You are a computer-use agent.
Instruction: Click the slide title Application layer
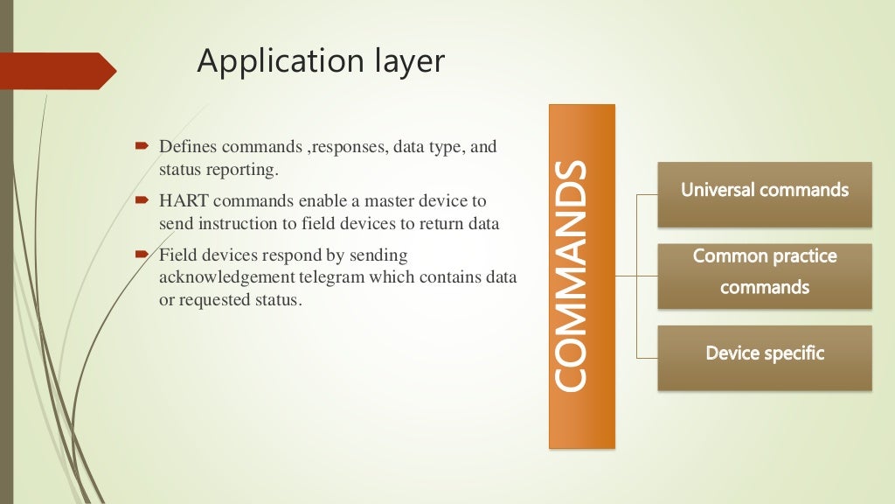click(320, 61)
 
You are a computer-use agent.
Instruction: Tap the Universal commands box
click(764, 190)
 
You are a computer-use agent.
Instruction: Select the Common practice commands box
click(764, 272)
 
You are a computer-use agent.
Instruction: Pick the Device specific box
click(764, 354)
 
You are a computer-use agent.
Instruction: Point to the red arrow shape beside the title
click(58, 71)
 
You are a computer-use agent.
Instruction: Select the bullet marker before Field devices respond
click(142, 255)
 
